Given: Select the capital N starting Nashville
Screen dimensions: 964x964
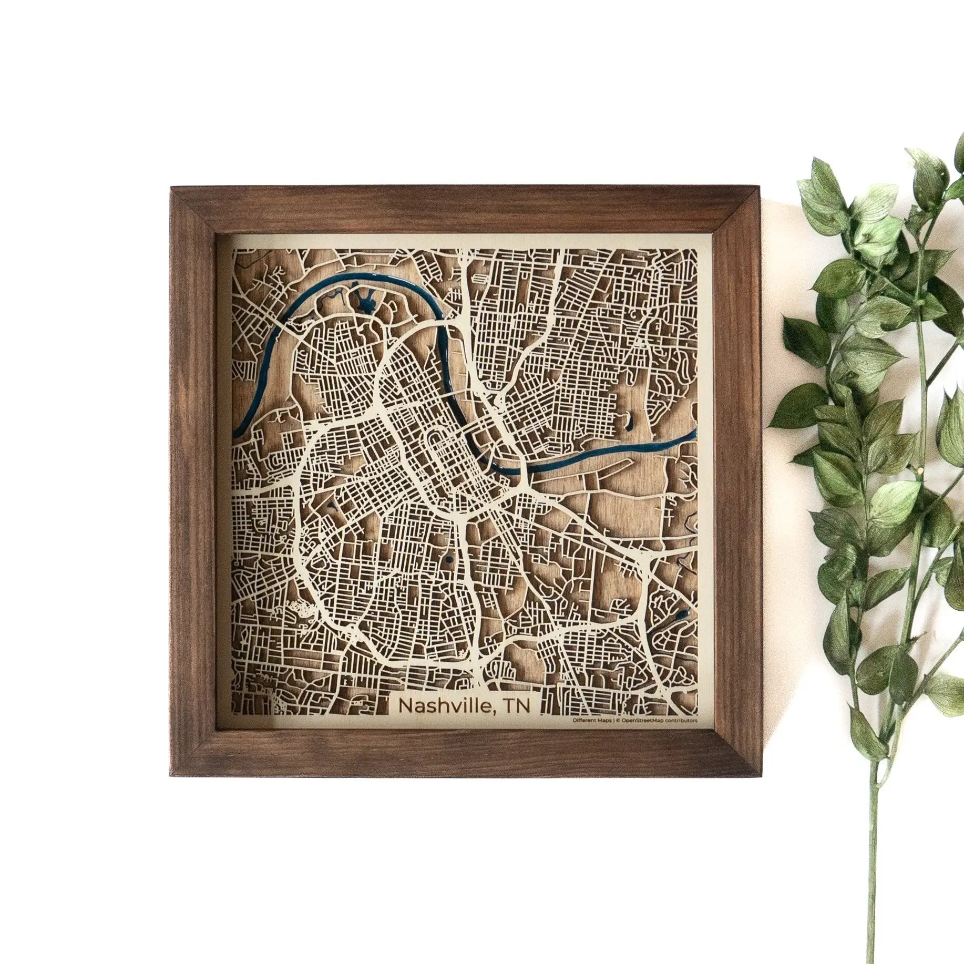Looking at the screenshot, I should click(405, 705).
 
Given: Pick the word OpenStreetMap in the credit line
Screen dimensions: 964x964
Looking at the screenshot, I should click(643, 721).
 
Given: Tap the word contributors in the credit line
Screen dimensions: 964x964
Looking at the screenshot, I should click(682, 721).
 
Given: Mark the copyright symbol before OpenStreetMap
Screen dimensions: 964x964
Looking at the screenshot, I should click(618, 721).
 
